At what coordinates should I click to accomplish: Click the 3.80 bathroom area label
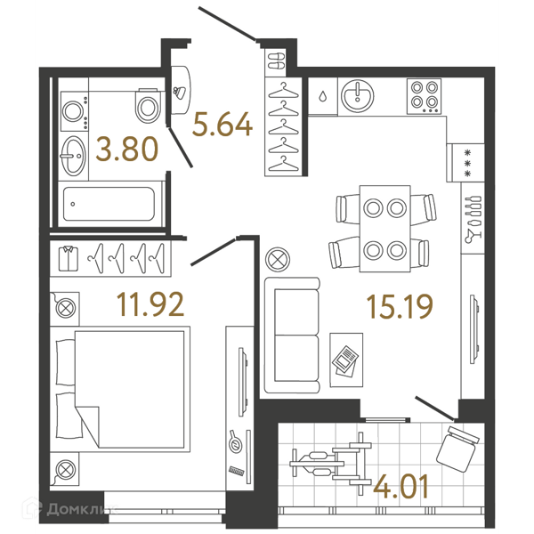(127, 149)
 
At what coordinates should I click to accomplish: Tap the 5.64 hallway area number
(222, 125)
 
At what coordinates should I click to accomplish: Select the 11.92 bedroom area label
(150, 304)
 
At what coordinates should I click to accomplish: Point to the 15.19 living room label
(400, 307)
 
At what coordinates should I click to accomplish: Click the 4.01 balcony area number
(400, 487)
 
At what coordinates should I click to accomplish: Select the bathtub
(109, 204)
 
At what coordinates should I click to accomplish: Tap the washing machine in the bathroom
(74, 111)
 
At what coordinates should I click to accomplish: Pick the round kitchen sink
(357, 96)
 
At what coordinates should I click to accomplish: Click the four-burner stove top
(424, 96)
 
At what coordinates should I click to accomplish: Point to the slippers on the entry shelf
(276, 61)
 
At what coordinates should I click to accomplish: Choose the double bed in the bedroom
(120, 389)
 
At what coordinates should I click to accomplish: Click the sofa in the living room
(292, 336)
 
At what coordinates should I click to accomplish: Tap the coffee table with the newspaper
(346, 360)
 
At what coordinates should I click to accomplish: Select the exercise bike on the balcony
(331, 464)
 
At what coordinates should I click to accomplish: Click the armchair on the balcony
(457, 449)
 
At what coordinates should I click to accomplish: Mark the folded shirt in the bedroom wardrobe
(69, 258)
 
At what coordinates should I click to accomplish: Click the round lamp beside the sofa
(278, 260)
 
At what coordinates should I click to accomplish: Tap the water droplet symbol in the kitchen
(322, 97)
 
